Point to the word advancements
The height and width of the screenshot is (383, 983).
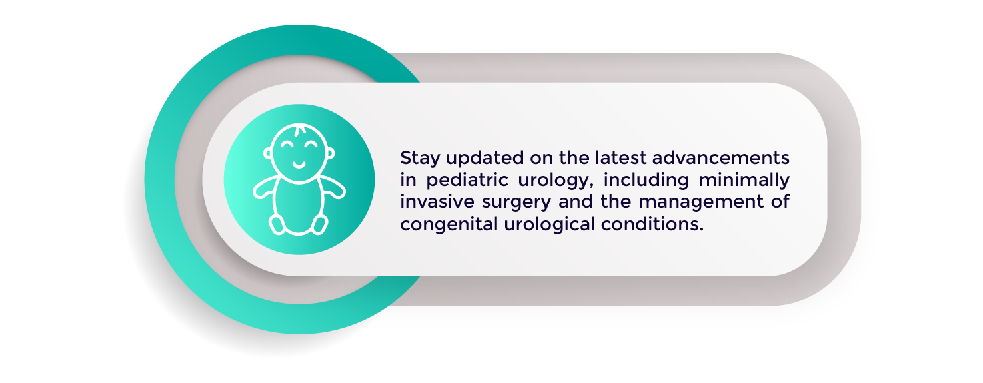click(x=721, y=157)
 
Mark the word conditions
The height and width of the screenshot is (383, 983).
click(x=652, y=224)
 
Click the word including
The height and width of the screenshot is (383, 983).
click(x=646, y=181)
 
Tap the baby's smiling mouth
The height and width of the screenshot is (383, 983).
click(x=299, y=165)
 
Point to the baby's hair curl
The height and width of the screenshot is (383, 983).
click(x=299, y=131)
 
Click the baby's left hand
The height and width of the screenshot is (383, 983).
click(x=337, y=191)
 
